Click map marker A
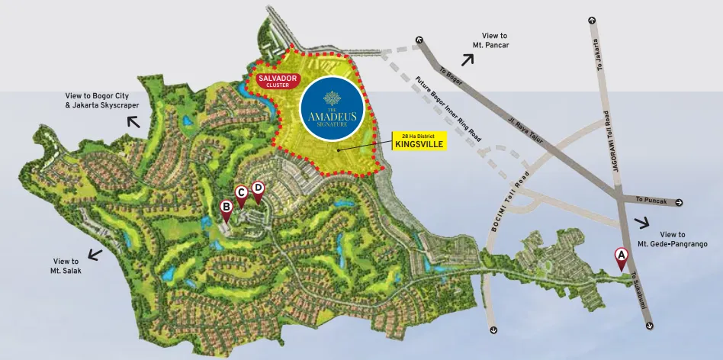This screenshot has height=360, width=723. (x=621, y=257)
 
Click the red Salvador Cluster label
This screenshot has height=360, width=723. (x=273, y=81)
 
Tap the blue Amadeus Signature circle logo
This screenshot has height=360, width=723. (x=329, y=111)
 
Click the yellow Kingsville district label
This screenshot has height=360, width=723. (x=419, y=140)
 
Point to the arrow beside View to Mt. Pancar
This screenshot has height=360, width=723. (x=467, y=59)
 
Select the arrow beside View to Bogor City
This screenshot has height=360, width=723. (x=133, y=121)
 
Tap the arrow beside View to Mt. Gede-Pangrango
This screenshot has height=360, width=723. (x=641, y=223)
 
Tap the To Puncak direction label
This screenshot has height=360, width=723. (x=652, y=201)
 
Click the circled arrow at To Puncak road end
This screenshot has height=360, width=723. (x=679, y=203)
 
